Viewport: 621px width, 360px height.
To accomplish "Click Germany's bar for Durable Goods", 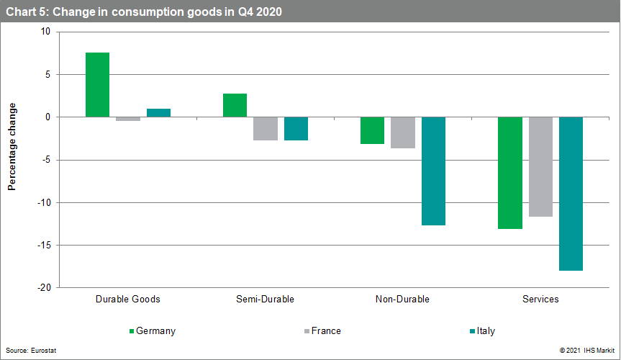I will click(x=97, y=84).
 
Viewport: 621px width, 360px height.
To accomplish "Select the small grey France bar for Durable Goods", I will click(x=128, y=119).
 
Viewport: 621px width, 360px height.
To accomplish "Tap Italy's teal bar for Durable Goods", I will click(x=158, y=112).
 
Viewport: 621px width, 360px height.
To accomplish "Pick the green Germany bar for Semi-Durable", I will click(x=235, y=105).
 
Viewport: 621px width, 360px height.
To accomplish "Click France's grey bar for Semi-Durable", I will click(x=266, y=128).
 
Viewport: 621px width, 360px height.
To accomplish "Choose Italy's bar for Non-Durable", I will click(x=433, y=171).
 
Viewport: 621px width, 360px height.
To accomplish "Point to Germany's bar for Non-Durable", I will click(x=372, y=130).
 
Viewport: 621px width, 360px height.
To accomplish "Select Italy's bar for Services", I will click(x=571, y=193).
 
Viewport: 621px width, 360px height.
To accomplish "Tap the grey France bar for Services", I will click(x=540, y=166).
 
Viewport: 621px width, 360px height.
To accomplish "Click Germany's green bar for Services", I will click(x=510, y=173).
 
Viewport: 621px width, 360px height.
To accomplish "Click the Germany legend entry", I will click(x=152, y=331).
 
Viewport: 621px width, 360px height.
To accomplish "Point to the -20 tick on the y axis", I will click(x=45, y=288).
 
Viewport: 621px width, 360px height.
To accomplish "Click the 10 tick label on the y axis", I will click(x=45, y=32).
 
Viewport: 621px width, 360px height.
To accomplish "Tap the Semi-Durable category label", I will click(x=265, y=299).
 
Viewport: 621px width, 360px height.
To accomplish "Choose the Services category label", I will click(x=540, y=299).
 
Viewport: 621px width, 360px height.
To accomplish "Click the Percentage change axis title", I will click(x=12, y=147).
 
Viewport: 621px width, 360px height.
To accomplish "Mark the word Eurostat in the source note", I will click(x=44, y=350).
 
